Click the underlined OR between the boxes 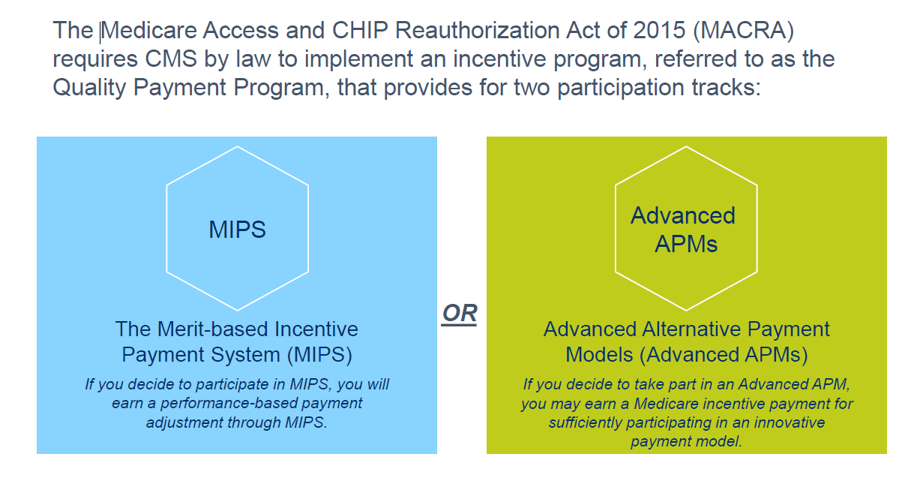pos(460,313)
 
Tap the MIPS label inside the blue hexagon pos(237,230)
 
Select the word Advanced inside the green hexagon pos(683,216)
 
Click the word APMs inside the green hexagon pos(686,244)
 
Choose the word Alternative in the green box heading pos(702,329)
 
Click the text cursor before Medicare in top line pos(101,31)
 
